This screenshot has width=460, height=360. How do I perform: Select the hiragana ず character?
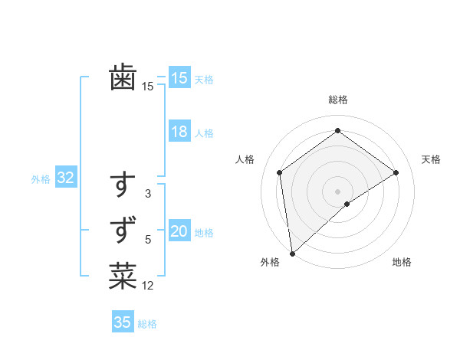(x=123, y=230)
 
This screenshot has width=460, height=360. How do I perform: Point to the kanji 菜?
(x=123, y=277)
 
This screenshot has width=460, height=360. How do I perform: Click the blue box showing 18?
(x=179, y=132)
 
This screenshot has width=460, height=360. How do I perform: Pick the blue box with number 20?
(x=179, y=231)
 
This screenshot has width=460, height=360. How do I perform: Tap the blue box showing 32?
(x=65, y=178)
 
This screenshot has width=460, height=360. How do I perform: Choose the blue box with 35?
(x=123, y=322)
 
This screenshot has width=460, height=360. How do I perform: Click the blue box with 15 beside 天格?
(x=179, y=78)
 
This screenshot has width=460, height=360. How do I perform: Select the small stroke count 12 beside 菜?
(x=148, y=286)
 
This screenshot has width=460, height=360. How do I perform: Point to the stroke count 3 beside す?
(x=148, y=195)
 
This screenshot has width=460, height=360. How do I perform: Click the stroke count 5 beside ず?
(x=148, y=240)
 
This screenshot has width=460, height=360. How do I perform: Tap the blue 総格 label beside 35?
(x=147, y=324)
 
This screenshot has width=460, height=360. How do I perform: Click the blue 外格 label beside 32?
(x=41, y=179)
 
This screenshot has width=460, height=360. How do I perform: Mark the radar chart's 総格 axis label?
(x=338, y=100)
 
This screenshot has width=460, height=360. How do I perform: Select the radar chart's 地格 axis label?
(x=402, y=263)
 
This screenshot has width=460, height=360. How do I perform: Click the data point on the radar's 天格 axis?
(x=396, y=172)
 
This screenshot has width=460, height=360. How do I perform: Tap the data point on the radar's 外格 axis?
(x=292, y=254)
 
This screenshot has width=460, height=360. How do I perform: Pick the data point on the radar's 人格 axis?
(x=280, y=172)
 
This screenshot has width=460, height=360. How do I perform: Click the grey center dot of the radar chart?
(x=338, y=191)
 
